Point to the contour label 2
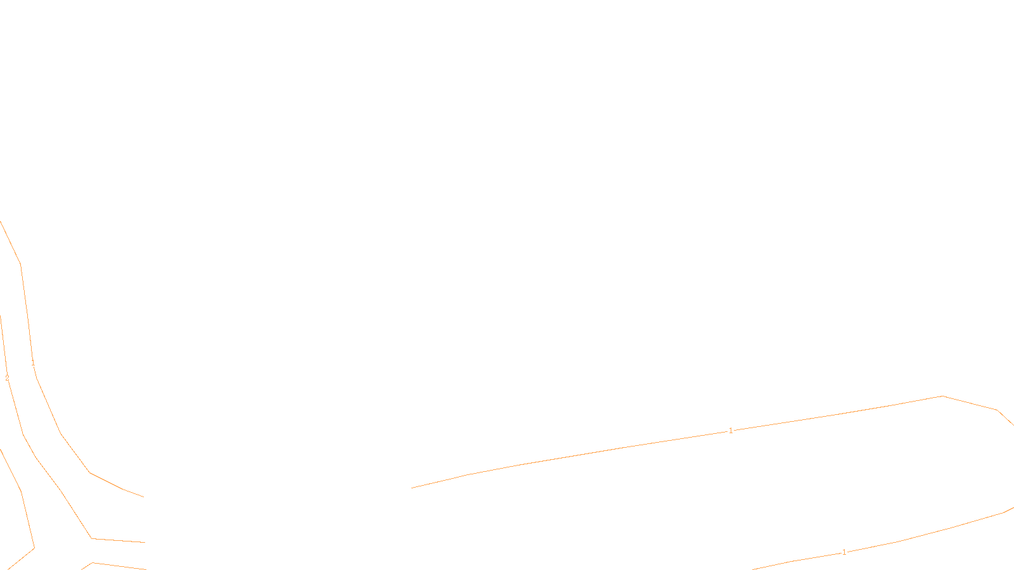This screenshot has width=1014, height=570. click(7, 378)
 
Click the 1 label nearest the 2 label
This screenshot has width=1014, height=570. click(33, 363)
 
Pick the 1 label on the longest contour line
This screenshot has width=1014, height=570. click(731, 431)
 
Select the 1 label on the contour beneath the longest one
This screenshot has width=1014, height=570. click(844, 552)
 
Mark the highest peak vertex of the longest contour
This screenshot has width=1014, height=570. click(943, 396)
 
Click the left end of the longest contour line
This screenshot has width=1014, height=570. click(412, 488)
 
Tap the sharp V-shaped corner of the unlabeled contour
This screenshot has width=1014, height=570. click(34, 548)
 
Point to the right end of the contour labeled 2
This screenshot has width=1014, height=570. click(145, 542)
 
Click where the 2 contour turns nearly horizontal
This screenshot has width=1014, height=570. click(92, 538)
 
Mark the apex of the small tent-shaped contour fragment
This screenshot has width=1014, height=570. click(93, 562)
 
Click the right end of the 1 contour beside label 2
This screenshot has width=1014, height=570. click(144, 497)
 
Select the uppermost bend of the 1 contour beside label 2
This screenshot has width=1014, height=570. click(21, 265)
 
